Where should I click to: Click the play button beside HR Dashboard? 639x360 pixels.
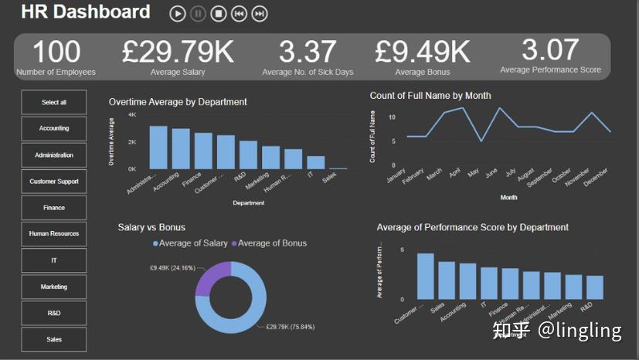point(178,13)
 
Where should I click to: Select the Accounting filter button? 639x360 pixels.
point(54,128)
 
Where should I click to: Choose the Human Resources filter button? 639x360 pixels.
point(54,233)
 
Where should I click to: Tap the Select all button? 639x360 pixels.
point(54,102)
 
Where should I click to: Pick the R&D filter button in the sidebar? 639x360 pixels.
point(54,313)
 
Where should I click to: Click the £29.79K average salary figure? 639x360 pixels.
point(178,52)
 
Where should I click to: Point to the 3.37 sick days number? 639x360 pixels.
point(308,52)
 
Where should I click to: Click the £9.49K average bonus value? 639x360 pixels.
point(422,52)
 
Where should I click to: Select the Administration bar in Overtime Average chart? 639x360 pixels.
point(158,148)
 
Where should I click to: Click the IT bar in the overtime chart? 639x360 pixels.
point(315,162)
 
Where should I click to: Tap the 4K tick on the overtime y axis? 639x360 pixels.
point(132,115)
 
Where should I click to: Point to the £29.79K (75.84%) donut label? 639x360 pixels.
point(290,327)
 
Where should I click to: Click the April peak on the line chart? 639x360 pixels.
point(463,108)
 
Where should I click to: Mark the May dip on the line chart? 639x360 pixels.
point(482,141)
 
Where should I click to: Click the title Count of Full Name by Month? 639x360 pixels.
point(430,96)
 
